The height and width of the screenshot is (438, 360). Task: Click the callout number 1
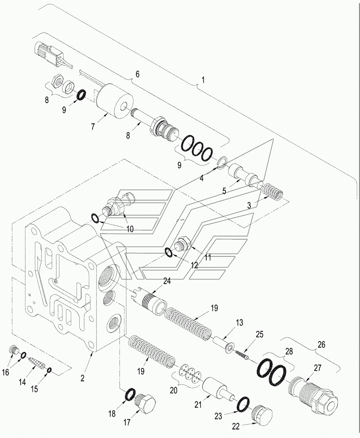coord(203,80)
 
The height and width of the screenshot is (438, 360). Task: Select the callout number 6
coord(137,74)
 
